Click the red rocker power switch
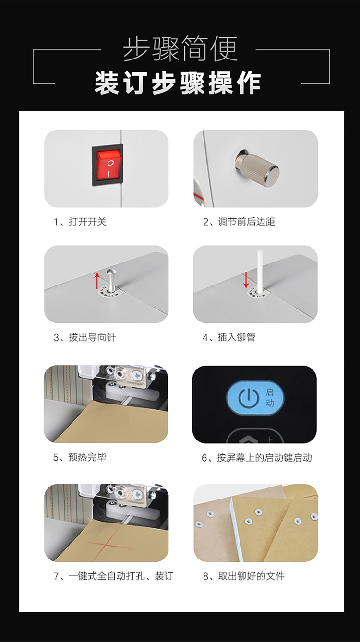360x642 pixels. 108,166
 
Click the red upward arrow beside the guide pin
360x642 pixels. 97,281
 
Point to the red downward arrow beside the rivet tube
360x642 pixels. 246,280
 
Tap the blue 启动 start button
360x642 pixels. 255,398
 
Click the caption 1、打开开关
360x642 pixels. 80,222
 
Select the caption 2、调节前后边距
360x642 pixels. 239,222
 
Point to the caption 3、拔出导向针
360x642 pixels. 85,337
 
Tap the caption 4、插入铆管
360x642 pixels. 229,337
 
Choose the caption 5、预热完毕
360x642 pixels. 80,457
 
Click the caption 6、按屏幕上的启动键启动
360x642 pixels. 257,458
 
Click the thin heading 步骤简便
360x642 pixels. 180,48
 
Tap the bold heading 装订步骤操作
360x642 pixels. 178,83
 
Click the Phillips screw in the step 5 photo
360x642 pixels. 136,375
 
